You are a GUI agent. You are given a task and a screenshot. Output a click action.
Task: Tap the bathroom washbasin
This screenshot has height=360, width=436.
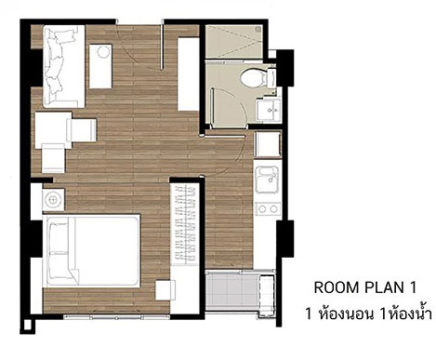pos(269,109)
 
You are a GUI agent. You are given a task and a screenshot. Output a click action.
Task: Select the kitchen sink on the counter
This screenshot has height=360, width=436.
pos(267,180)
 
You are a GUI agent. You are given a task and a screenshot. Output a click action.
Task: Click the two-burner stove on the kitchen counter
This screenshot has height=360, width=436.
pos(268,208)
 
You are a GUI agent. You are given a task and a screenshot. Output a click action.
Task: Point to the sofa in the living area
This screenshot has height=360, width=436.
pos(64,67)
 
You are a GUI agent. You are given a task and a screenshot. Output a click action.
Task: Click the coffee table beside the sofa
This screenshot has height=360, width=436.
pos(100,66)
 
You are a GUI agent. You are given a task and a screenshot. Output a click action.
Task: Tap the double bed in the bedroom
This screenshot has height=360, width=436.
pos(92,251)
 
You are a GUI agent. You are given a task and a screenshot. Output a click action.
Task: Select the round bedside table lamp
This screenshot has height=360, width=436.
pos(53,200)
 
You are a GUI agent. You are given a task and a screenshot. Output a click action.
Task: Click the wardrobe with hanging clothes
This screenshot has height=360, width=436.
pos(185,225)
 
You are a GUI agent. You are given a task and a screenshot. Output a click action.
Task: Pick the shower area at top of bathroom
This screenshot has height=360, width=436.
pos(234,42)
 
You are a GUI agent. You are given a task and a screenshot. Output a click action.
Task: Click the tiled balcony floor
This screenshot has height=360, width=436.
pos(231,290)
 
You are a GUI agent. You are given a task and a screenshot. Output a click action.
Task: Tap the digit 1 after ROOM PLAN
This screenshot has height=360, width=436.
pos(413,287)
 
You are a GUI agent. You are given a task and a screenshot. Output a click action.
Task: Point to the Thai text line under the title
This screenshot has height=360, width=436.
pos(368,313)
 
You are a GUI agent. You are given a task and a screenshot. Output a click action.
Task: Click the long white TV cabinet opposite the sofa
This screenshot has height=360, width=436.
pos(188,73)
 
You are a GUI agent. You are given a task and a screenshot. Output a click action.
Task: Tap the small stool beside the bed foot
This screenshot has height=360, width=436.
pos(165,290)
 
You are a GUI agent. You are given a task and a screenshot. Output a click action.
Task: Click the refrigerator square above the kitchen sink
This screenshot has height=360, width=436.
pos(268,144)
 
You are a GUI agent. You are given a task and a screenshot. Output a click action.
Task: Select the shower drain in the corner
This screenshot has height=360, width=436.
pos(258,29)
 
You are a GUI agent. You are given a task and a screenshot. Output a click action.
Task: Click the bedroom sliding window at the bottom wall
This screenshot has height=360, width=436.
pos(116,317)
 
